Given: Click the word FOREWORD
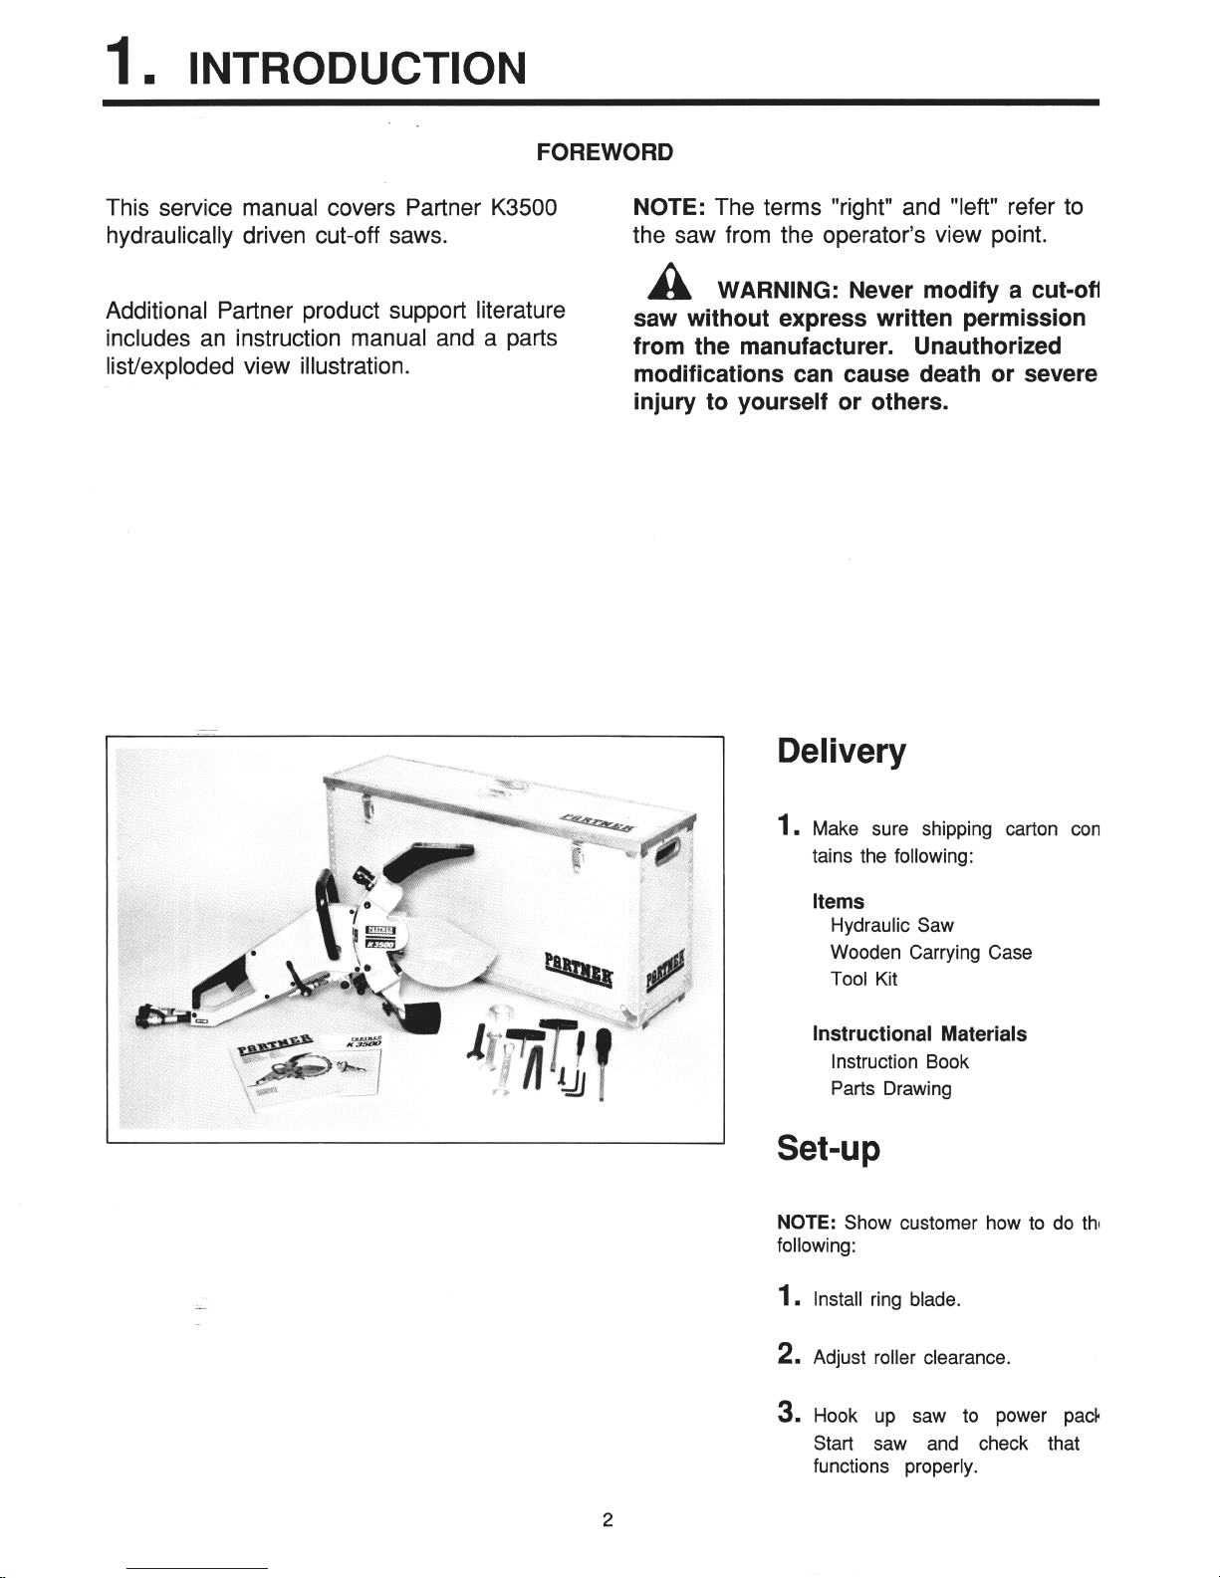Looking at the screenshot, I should click(605, 152).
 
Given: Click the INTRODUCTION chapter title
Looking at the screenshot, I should click(357, 69).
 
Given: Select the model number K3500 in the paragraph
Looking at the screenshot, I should click(523, 207).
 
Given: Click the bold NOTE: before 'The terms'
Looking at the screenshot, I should click(669, 207).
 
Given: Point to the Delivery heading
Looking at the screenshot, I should click(842, 752).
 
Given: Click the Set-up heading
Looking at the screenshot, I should click(828, 1149).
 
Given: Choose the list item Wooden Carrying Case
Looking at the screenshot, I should click(930, 953).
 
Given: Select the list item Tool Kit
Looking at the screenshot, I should click(863, 980).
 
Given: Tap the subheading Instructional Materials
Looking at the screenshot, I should click(919, 1034).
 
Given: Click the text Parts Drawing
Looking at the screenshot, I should click(890, 1089).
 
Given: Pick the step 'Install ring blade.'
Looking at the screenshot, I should click(886, 1299).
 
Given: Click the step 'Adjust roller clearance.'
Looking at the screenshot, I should click(911, 1358).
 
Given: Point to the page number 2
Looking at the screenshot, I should click(608, 1520).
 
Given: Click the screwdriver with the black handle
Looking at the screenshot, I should click(603, 1057).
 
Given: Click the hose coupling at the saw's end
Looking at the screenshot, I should click(159, 1017).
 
